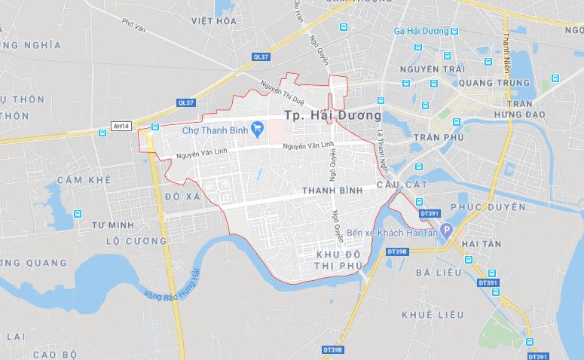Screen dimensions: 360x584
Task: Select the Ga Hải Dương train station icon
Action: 454,32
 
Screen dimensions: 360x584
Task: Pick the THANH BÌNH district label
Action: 332,191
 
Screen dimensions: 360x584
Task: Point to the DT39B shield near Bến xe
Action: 396,251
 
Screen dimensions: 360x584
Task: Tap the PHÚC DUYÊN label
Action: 488,206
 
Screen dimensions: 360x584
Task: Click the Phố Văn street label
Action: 133,25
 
